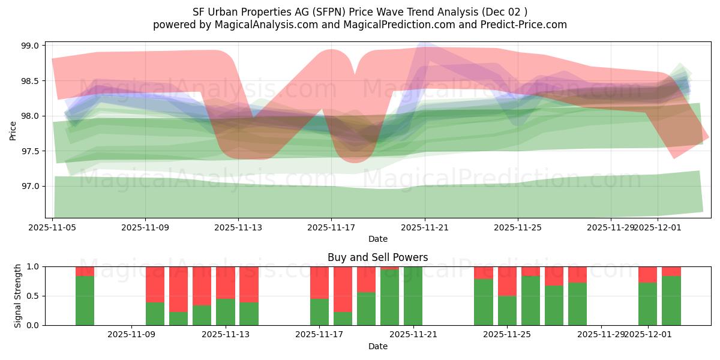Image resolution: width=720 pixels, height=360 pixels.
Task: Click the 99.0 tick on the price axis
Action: (30, 46)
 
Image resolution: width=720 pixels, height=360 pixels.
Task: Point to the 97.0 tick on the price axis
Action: (30, 186)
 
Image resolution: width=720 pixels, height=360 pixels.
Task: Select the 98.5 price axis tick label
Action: (30, 81)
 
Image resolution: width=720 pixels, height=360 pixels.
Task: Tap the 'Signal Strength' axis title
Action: (18, 296)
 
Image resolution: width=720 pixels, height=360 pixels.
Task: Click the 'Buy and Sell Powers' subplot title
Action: (377, 257)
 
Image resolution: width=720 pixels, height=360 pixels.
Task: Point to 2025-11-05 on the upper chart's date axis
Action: (53, 227)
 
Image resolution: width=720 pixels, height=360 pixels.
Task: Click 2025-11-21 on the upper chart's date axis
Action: (425, 227)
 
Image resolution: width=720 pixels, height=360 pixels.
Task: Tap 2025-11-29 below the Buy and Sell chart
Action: (601, 334)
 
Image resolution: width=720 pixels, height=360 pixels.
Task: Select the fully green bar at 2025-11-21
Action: (413, 296)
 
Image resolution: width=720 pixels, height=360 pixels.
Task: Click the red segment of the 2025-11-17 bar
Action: (319, 282)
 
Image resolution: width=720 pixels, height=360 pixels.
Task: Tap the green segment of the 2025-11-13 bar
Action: (226, 312)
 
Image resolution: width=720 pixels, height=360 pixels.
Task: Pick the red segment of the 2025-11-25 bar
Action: (507, 281)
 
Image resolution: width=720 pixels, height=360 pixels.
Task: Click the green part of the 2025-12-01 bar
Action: (647, 304)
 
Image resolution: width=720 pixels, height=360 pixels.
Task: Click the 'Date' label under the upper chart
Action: (377, 239)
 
